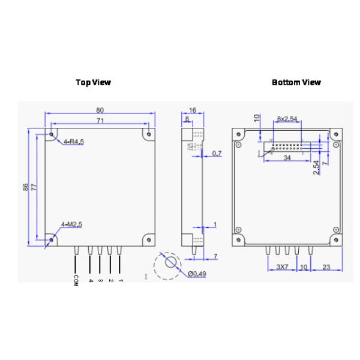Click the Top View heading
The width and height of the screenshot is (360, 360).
coord(93,82)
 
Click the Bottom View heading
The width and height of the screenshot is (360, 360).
coord(296,82)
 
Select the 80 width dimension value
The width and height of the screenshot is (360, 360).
coord(100,110)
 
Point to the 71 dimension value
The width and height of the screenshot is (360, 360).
coord(100,121)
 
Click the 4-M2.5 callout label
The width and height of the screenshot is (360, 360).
coord(71,224)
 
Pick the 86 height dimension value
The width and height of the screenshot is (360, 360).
coord(26,187)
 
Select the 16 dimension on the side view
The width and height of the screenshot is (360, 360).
coord(193,110)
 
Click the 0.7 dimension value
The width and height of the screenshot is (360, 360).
coord(217,154)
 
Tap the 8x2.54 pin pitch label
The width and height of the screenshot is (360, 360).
coord(287,119)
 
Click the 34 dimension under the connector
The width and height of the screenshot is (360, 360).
coord(288,158)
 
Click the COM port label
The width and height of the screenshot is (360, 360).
coord(76,280)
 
